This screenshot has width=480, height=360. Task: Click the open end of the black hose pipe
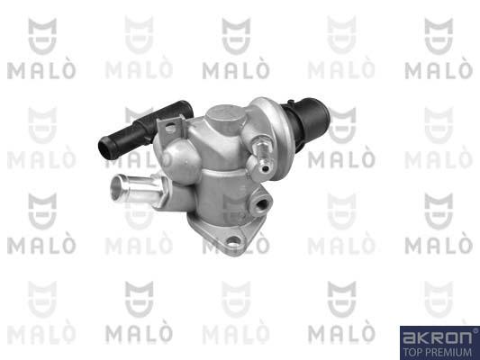pos(106,148)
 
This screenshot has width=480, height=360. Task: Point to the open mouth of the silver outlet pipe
pos(117,187)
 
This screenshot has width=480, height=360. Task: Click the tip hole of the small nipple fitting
pos(266,168)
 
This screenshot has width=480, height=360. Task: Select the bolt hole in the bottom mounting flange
pos(233,242)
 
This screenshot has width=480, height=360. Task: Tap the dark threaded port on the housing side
pos(261,205)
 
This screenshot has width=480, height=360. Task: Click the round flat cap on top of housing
pos(226,114)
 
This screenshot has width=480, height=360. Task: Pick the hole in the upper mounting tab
pos(170,127)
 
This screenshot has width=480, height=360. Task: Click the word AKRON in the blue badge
pos(438,337)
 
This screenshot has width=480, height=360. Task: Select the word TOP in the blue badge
pos(412,352)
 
